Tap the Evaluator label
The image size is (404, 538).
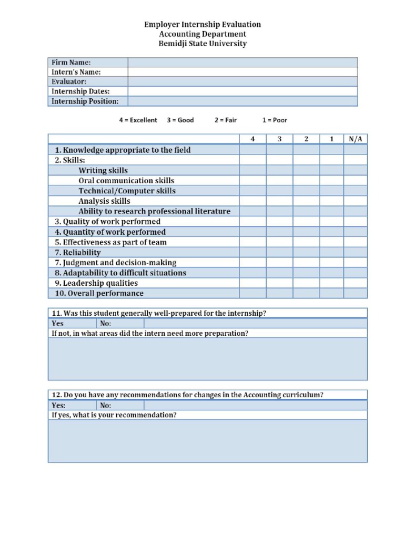tap(69, 82)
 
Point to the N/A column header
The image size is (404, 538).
tap(356, 139)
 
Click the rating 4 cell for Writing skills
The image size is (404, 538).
tap(252, 170)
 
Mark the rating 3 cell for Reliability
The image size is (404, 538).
tap(279, 253)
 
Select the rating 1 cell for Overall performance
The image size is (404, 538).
tap(331, 294)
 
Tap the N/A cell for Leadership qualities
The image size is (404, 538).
tap(356, 283)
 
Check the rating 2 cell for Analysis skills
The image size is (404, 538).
tap(306, 201)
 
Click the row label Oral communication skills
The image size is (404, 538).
tap(126, 181)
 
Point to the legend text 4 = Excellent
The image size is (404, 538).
tap(138, 120)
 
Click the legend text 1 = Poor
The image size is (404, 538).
tap(275, 120)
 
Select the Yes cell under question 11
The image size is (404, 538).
tap(72, 324)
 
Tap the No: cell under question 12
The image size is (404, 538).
tap(120, 406)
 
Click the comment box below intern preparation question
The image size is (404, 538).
tap(208, 359)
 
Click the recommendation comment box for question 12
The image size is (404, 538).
tap(208, 441)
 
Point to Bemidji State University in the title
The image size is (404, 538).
tap(203, 44)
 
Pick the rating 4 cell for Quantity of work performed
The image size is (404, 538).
tap(252, 232)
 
